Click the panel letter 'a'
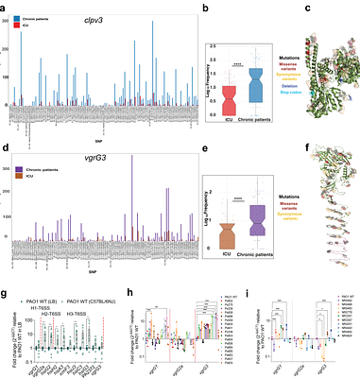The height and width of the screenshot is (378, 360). point(7,8)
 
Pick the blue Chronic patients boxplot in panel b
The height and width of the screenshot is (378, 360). point(253,86)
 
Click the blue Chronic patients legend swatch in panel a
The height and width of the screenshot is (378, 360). point(14,19)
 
